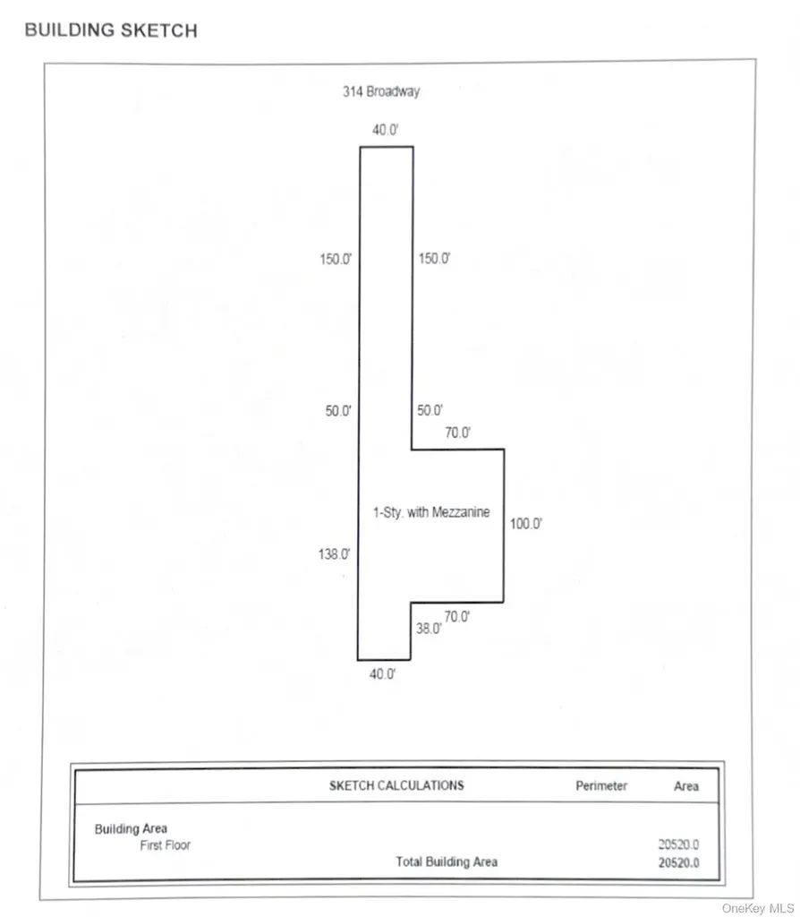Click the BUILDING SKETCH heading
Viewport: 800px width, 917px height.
click(111, 30)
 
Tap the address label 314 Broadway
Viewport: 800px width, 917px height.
click(381, 91)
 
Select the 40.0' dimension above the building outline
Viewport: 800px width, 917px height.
click(385, 130)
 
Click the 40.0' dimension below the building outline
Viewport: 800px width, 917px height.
click(382, 674)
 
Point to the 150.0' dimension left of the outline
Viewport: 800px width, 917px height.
click(336, 259)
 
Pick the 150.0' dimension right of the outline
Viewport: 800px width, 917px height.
click(434, 259)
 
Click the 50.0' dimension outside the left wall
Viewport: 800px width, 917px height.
click(338, 411)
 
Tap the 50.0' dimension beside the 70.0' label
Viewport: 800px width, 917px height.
click(430, 410)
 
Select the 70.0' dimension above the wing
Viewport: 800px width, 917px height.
click(457, 433)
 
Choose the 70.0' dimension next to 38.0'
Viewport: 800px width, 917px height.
click(457, 617)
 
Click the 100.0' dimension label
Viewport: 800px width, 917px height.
click(526, 523)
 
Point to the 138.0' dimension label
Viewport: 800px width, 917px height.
click(335, 553)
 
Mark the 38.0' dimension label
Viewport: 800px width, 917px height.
click(429, 629)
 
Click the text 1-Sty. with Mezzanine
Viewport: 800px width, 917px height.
click(431, 512)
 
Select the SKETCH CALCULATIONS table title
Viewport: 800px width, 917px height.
click(396, 785)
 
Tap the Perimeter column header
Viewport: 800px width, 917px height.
click(601, 786)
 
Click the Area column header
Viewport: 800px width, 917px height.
click(686, 786)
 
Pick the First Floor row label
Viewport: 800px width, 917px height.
click(166, 845)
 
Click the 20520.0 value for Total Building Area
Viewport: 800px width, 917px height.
click(678, 862)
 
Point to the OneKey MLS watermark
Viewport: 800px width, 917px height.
click(758, 908)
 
